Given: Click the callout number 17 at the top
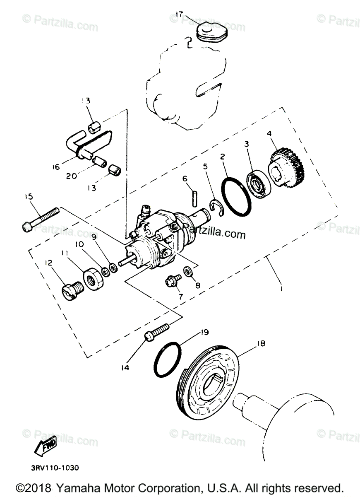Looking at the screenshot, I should coord(178,15).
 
